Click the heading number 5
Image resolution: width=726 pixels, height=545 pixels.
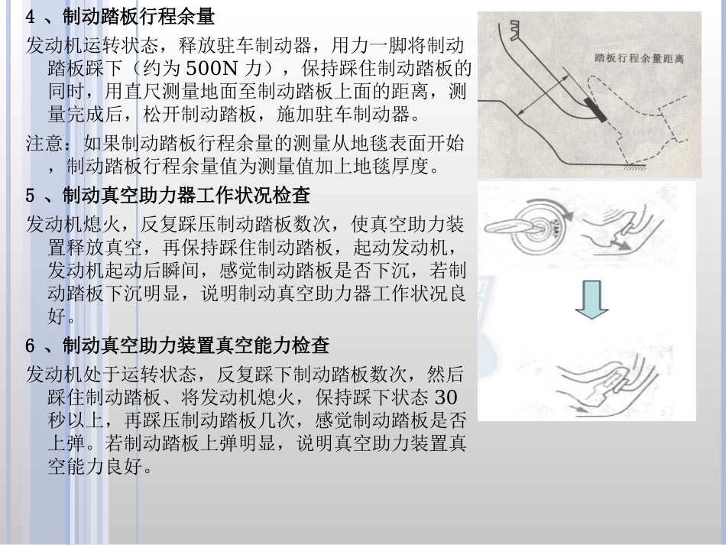point(31,196)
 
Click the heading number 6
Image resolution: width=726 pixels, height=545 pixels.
point(31,345)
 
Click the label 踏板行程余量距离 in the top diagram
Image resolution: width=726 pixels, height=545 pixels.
point(637,58)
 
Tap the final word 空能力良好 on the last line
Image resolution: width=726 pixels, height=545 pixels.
point(96,466)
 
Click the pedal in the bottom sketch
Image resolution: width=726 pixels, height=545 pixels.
point(604,390)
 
